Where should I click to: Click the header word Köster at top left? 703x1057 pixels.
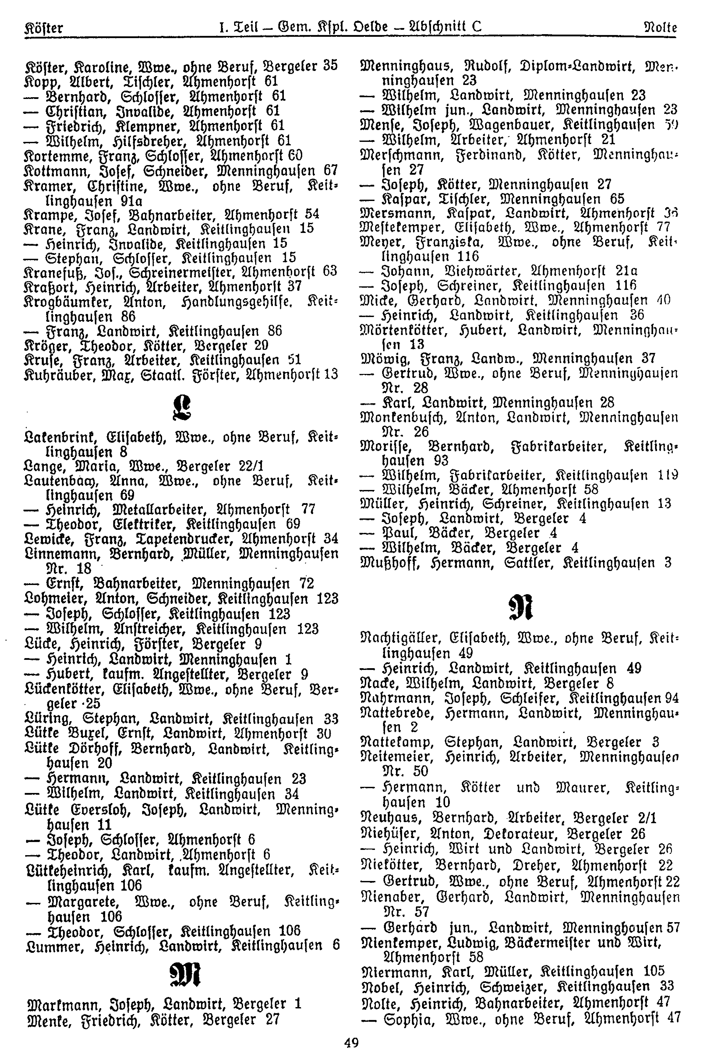(44, 28)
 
